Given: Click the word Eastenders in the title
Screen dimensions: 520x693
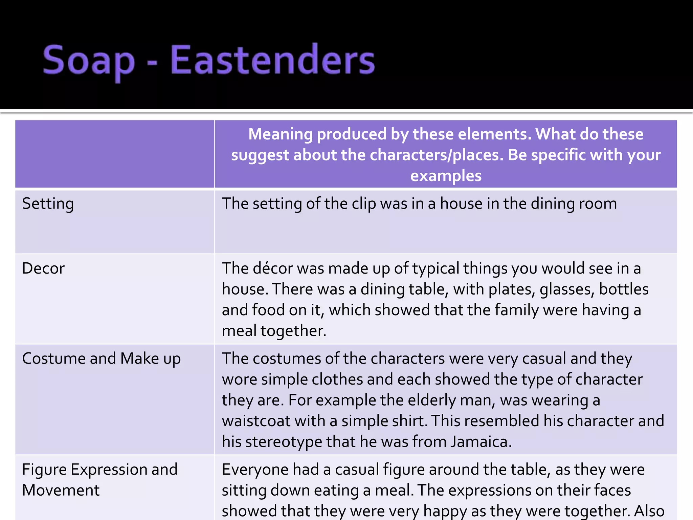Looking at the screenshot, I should pyautogui.click(x=272, y=60).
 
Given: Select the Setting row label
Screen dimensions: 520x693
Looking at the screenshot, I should pyautogui.click(x=48, y=204).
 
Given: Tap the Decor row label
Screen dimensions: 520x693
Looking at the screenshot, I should pyautogui.click(x=43, y=268).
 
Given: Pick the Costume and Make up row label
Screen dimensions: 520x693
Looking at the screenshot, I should pyautogui.click(x=101, y=359).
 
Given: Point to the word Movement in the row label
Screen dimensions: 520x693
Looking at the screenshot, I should pyautogui.click(x=61, y=490).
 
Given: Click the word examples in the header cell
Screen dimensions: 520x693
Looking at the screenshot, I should pyautogui.click(x=446, y=176).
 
